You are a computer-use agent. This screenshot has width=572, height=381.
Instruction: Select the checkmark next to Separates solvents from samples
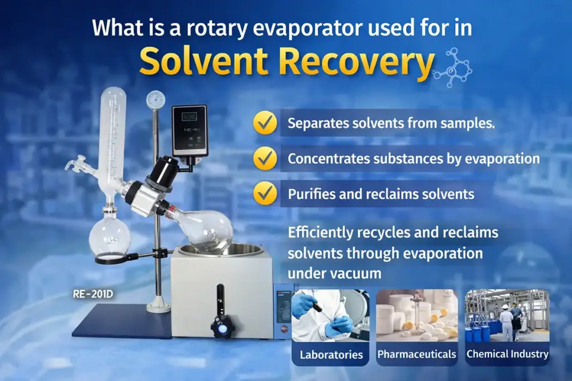click(x=265, y=123)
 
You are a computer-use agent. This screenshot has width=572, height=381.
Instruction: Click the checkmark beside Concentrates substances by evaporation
click(x=265, y=158)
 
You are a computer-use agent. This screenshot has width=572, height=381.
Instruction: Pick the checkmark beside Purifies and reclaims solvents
click(x=265, y=194)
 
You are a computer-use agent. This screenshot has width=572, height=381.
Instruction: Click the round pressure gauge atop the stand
click(x=155, y=100)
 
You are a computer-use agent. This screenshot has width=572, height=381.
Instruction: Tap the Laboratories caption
click(x=331, y=354)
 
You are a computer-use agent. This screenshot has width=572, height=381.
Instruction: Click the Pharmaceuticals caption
click(x=417, y=354)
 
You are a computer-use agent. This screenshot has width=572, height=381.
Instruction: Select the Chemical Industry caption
click(x=507, y=354)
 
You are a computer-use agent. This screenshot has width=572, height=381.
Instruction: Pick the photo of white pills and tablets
click(x=417, y=316)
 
